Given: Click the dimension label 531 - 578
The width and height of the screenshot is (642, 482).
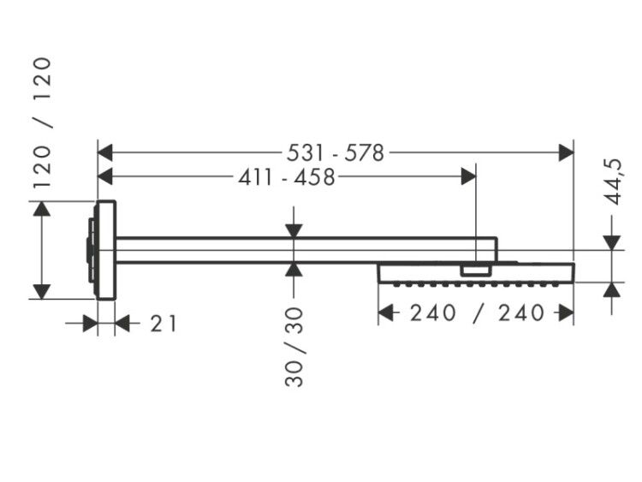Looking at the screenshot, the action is [336, 153].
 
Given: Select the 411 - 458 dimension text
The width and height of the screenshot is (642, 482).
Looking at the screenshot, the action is [287, 177].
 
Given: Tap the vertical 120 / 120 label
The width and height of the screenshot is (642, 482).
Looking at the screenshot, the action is [43, 123].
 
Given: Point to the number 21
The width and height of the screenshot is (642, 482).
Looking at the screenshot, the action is [163, 324].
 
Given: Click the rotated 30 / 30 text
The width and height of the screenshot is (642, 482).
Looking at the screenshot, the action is [294, 348].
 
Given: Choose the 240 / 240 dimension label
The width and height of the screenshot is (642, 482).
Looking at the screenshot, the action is [477, 313].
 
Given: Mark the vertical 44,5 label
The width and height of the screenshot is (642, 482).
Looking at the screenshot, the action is [614, 181].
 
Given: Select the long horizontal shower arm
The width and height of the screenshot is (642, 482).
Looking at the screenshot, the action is [306, 250].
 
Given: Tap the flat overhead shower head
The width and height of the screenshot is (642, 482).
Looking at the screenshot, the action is [476, 273].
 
